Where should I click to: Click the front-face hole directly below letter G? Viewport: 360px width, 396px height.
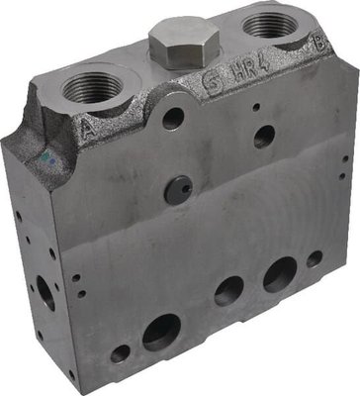pyautogui.click(x=173, y=120)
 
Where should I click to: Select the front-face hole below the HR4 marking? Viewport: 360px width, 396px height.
pyautogui.click(x=264, y=137)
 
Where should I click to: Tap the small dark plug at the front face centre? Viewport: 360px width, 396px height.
pyautogui.click(x=179, y=191)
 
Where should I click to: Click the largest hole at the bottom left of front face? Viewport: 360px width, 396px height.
pyautogui.click(x=161, y=332)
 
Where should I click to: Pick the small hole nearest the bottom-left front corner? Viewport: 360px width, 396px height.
pyautogui.click(x=120, y=352)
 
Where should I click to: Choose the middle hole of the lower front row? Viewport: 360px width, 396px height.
pyautogui.click(x=228, y=291)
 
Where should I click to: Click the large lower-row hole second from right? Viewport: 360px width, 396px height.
pyautogui.click(x=279, y=273)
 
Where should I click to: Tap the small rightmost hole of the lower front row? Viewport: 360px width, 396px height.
pyautogui.click(x=314, y=258)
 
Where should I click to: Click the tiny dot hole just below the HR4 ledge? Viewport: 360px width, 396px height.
pyautogui.click(x=254, y=106)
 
